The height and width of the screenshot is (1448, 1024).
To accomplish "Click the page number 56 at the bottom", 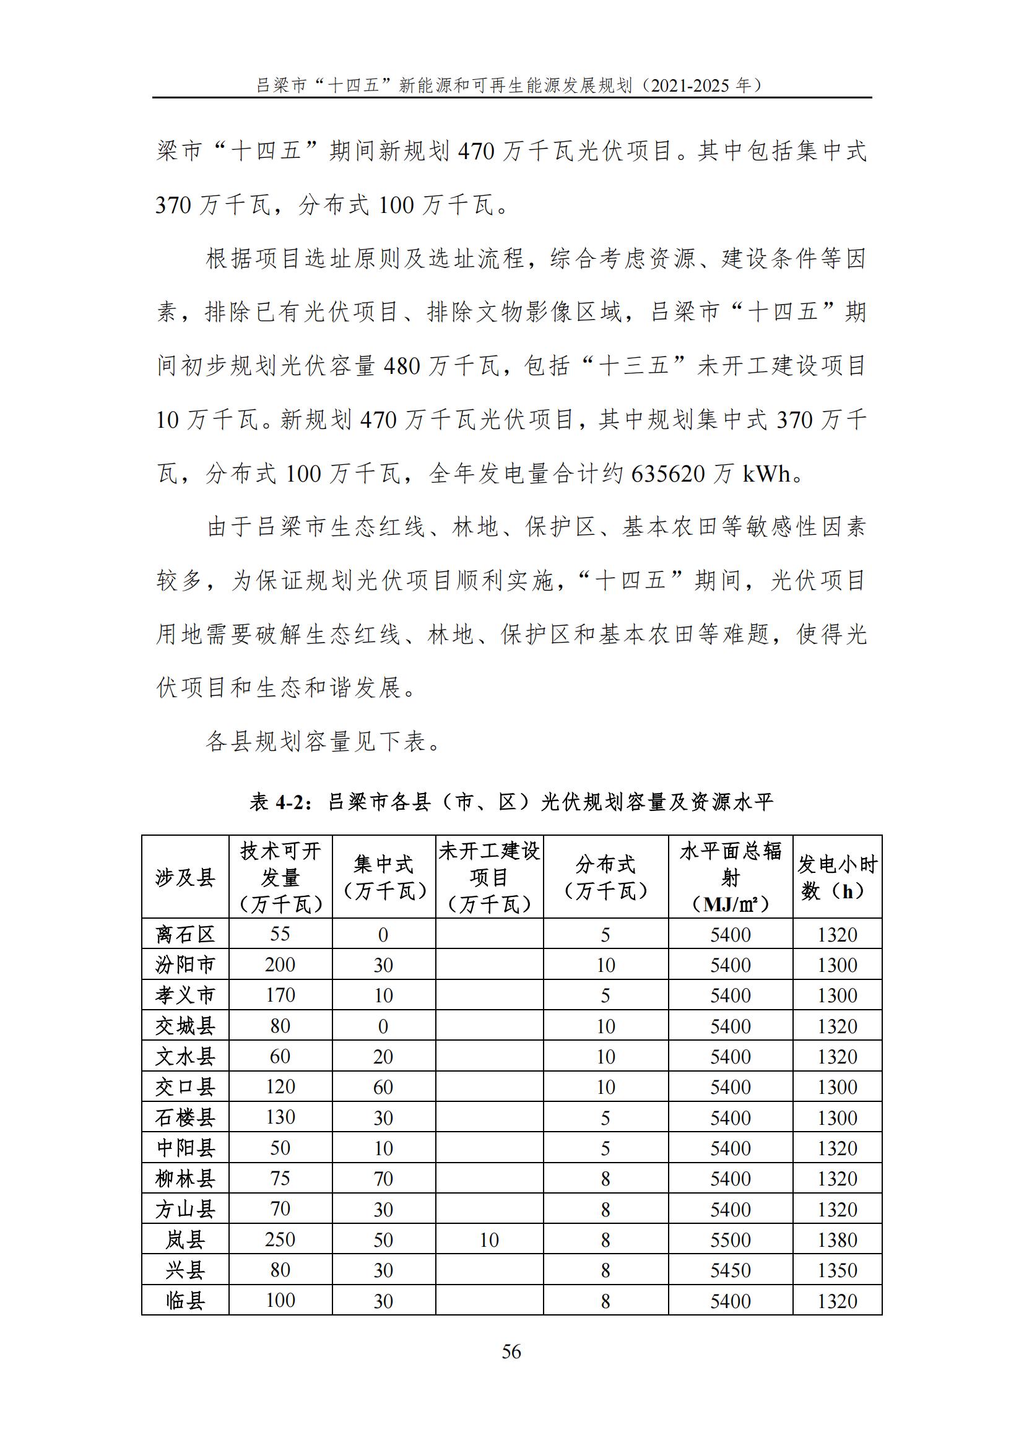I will [511, 1351].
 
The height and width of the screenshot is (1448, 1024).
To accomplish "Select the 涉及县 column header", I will [184, 877].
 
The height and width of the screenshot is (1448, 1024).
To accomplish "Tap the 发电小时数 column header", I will [837, 877].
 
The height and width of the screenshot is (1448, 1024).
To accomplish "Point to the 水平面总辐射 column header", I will [730, 877].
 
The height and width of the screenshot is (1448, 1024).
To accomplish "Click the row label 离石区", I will [184, 934].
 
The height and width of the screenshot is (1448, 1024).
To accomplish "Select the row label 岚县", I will [184, 1239].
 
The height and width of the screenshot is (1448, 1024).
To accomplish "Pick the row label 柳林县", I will [184, 1178].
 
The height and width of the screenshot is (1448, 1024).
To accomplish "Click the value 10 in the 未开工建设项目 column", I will [488, 1240].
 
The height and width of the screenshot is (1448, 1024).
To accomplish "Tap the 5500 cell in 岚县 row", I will [730, 1240].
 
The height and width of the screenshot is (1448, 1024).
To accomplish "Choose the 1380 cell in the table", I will [837, 1240].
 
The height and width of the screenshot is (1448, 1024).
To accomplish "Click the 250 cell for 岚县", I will [280, 1239].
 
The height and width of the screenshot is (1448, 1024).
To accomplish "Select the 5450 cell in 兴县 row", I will [730, 1270].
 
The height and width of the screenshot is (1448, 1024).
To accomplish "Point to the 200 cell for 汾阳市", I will [280, 965].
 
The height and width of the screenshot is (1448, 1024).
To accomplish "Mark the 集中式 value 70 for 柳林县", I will [383, 1178].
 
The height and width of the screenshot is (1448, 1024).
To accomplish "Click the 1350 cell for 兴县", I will [837, 1270].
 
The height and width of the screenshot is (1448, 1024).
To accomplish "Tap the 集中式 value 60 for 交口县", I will [383, 1086].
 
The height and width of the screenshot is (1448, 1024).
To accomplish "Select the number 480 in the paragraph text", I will [402, 366].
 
